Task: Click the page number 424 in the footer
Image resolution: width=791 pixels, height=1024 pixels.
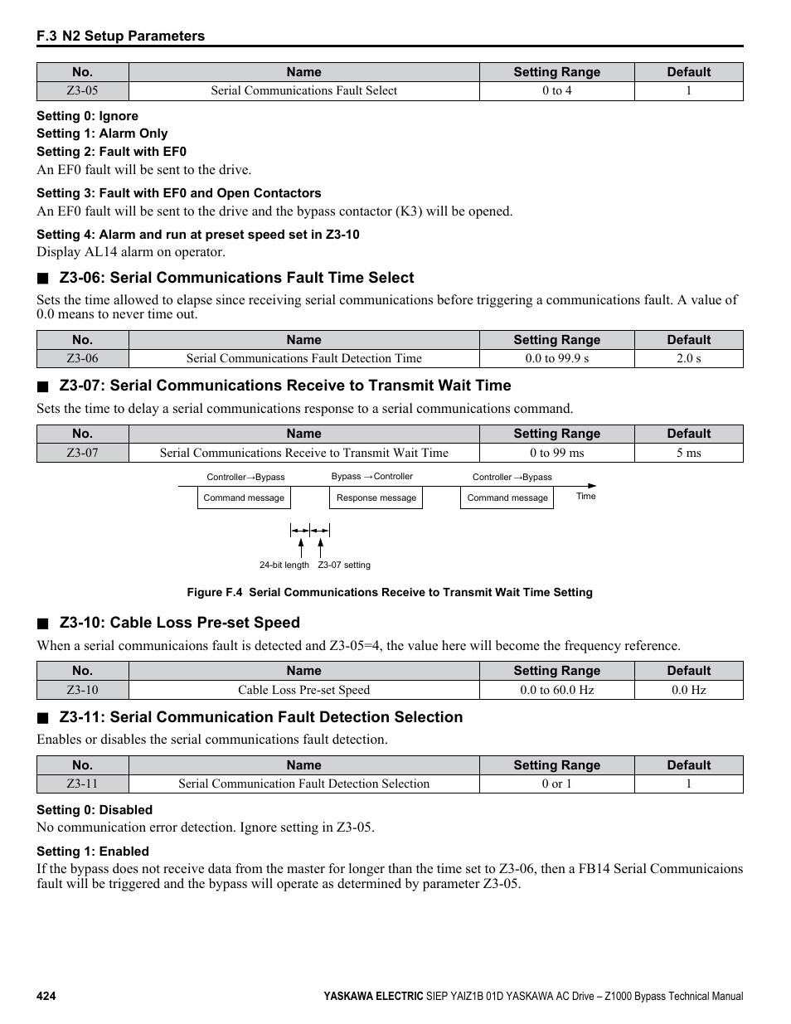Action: (x=46, y=996)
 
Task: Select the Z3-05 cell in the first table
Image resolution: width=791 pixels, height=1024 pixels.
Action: (x=82, y=91)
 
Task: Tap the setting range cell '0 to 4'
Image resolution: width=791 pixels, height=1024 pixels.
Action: (x=556, y=91)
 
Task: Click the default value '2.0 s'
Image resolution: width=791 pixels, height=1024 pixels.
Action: (x=688, y=359)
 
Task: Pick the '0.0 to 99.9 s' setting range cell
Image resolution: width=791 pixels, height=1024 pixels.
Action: (x=556, y=359)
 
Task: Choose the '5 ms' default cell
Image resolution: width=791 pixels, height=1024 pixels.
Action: (x=688, y=453)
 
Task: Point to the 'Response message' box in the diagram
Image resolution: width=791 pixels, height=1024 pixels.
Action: (x=376, y=497)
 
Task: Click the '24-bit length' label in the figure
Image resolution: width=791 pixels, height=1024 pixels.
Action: (x=284, y=565)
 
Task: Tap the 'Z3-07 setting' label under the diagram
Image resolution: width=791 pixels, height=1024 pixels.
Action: (x=344, y=565)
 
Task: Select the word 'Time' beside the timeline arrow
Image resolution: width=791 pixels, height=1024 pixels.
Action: (x=585, y=496)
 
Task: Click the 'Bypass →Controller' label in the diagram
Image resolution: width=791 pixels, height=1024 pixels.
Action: (x=371, y=477)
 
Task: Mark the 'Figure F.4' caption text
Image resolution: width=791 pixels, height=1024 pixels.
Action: (x=389, y=592)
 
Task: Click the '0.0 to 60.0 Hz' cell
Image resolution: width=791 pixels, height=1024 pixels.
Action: (x=556, y=690)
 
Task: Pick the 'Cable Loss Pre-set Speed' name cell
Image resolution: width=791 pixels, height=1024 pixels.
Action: (x=303, y=690)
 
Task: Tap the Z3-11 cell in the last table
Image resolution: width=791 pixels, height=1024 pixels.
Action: (x=82, y=784)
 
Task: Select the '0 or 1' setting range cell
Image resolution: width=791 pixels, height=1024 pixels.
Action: (x=556, y=784)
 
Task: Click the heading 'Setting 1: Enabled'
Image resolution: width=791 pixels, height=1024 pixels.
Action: (x=93, y=852)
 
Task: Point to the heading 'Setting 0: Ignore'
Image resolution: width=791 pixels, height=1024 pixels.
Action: (x=87, y=116)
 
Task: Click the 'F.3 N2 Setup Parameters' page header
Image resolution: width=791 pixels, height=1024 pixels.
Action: (x=120, y=36)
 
